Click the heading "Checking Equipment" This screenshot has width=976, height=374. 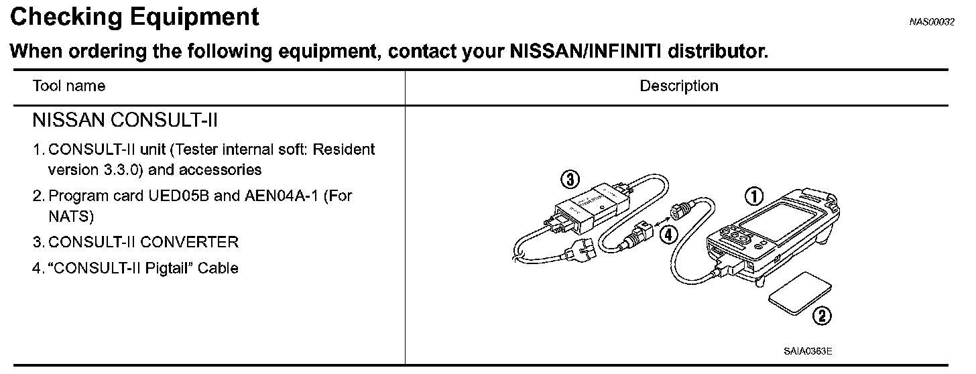coord(135,17)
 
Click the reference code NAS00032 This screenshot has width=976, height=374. coord(932,21)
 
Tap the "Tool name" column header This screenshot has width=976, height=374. coord(69,86)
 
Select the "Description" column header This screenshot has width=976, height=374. coord(678,86)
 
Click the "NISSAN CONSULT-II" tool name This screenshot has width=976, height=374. coord(125,121)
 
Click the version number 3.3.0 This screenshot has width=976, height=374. coord(121,170)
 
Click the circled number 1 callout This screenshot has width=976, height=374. coord(755,195)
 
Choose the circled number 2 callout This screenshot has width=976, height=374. coord(822,316)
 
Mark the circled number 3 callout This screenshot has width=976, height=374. coord(569,179)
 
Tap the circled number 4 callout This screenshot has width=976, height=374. coord(668,234)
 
